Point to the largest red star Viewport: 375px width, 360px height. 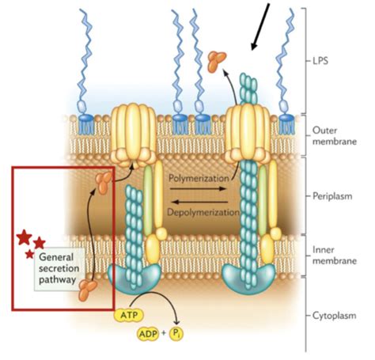pos(25,236)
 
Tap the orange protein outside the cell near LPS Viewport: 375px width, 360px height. pos(216,58)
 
